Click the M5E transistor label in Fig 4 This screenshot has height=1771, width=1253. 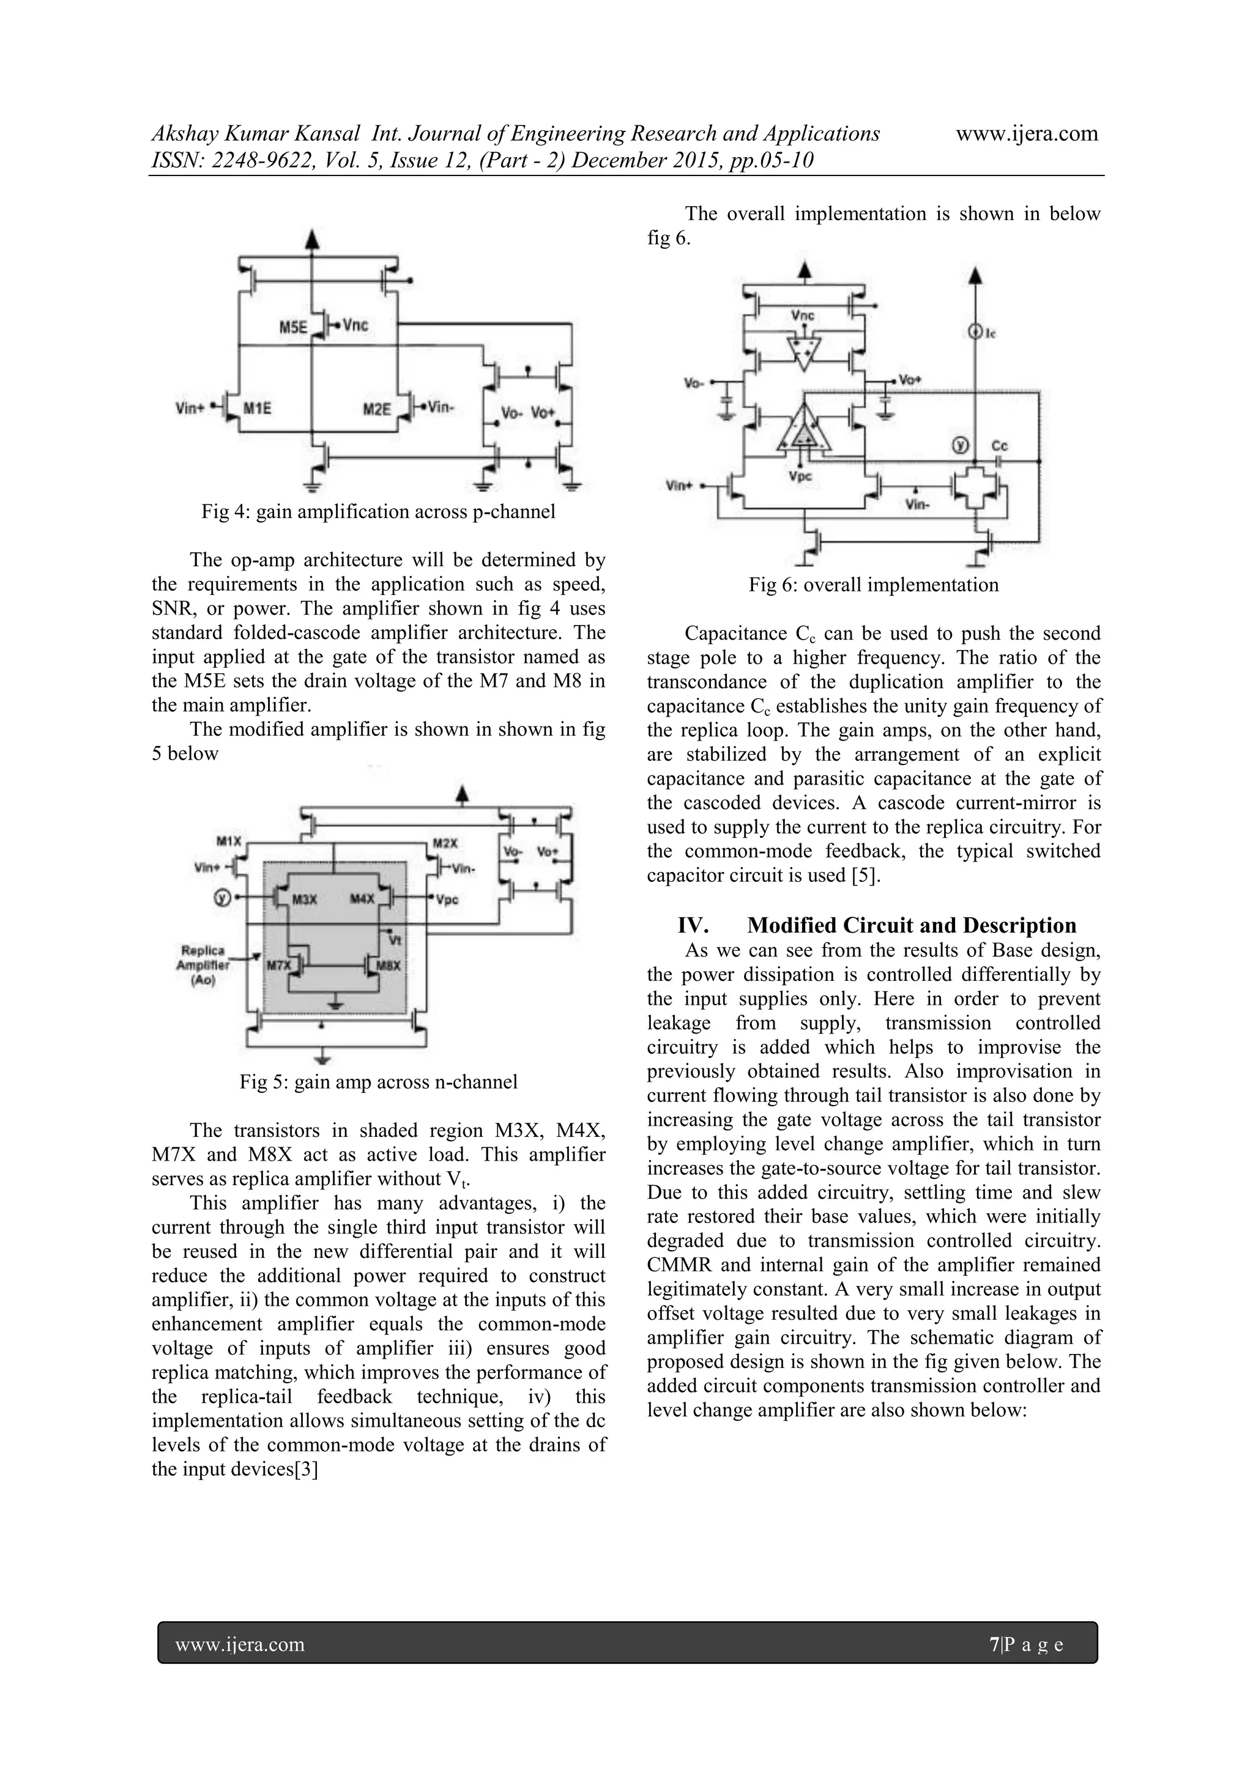tap(292, 327)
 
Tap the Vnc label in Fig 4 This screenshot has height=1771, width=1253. tap(355, 325)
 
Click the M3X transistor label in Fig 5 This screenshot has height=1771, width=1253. tap(304, 898)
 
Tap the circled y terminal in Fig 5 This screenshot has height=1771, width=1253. tap(222, 898)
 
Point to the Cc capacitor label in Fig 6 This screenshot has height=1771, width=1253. tap(999, 446)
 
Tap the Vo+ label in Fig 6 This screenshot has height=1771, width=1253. tap(910, 380)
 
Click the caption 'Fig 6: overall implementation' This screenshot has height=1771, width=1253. tap(874, 585)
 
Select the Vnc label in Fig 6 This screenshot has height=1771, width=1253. tap(803, 316)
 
